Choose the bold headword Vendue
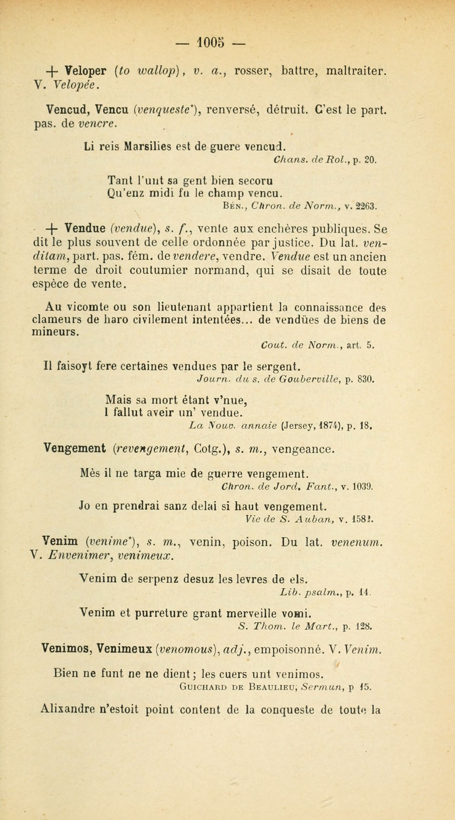(x=85, y=228)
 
